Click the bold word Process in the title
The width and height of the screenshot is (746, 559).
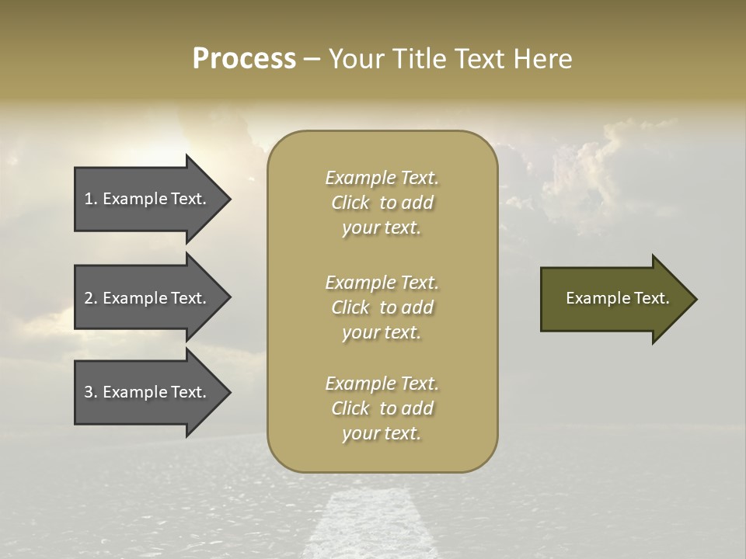(x=244, y=59)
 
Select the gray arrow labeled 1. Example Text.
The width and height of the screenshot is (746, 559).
(x=148, y=199)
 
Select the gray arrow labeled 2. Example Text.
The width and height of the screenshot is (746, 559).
(x=148, y=298)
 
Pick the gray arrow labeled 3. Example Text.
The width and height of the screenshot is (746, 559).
(x=148, y=392)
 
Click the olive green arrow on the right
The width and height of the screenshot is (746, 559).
(x=614, y=299)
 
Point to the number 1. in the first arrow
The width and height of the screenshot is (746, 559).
(x=91, y=199)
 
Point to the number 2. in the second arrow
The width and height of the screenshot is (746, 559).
(x=91, y=298)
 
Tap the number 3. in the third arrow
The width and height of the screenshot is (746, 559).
(x=91, y=392)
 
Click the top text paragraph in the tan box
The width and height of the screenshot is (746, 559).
(x=382, y=203)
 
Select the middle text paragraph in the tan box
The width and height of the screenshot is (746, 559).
(x=382, y=307)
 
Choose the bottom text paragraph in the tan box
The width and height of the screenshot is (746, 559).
(x=382, y=408)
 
